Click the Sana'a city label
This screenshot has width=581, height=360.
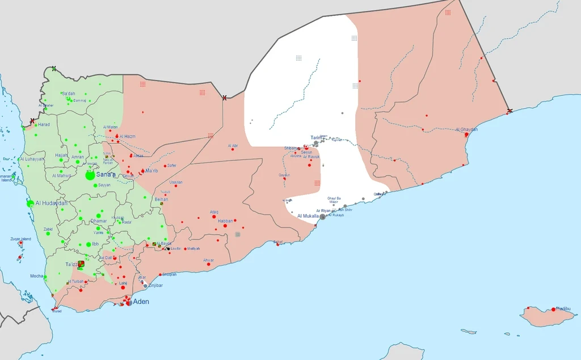[x=106, y=175]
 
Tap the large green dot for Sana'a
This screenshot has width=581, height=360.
[x=90, y=176]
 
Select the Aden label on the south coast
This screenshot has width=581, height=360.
[x=141, y=302]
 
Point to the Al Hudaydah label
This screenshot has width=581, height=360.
[x=52, y=203]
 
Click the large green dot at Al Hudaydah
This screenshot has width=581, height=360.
[x=30, y=203]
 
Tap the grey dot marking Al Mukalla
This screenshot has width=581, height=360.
[x=323, y=217]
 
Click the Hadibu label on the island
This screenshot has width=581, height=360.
[x=563, y=308]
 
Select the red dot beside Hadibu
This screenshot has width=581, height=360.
[x=554, y=310]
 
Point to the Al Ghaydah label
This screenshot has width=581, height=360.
[x=466, y=130]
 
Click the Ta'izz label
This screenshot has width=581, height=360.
[x=72, y=265]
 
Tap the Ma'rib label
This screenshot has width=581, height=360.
[x=151, y=171]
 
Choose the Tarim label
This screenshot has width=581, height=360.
[x=316, y=138]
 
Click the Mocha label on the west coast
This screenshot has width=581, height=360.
[x=37, y=276]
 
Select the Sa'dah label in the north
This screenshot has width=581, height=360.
[x=68, y=94]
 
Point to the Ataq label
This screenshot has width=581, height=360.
[x=214, y=212]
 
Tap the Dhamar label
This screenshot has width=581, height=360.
[x=99, y=221]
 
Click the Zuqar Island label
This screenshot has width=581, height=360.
[x=20, y=239]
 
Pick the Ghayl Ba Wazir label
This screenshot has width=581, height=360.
[x=334, y=200]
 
